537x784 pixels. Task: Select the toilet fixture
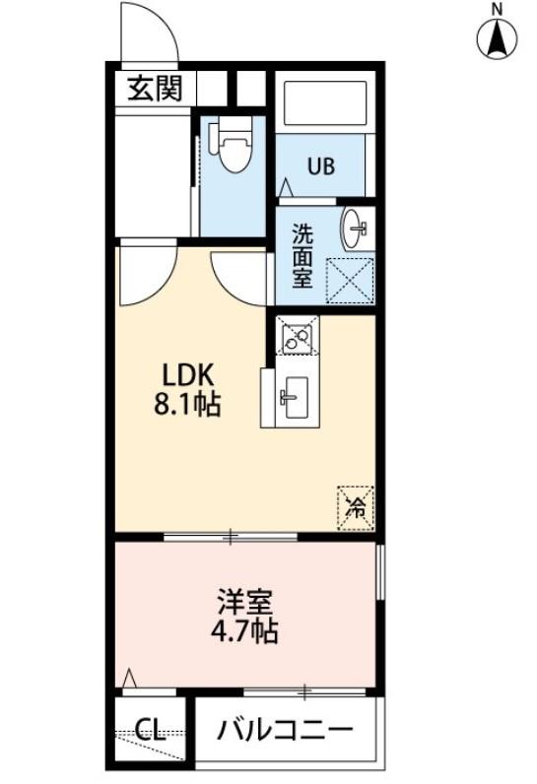click(x=234, y=145)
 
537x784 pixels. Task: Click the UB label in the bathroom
click(x=318, y=165)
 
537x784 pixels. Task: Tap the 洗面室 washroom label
click(x=302, y=255)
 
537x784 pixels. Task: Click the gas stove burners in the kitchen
click(x=296, y=339)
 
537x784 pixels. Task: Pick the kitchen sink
click(x=292, y=397)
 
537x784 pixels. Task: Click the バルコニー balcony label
click(x=285, y=730)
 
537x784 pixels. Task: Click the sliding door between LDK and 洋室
click(x=231, y=537)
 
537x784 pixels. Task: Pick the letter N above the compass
click(x=498, y=9)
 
